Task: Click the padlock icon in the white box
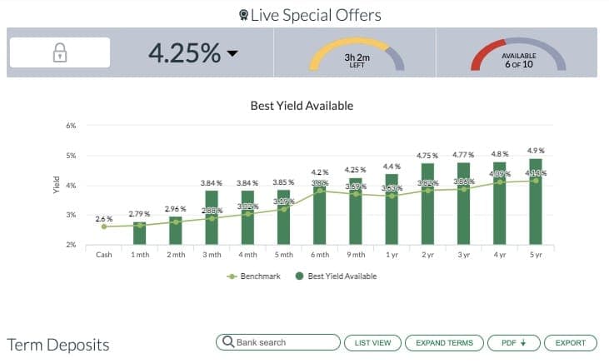pyautogui.click(x=59, y=52)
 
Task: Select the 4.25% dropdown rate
pyautogui.click(x=193, y=52)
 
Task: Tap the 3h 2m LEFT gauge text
pyautogui.click(x=357, y=61)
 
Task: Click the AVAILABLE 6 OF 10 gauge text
pyautogui.click(x=518, y=60)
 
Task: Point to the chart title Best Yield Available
pyautogui.click(x=302, y=106)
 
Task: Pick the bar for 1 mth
pyautogui.click(x=139, y=233)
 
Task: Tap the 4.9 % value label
pyautogui.click(x=536, y=151)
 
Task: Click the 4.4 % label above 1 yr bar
pyautogui.click(x=392, y=167)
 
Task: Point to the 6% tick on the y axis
pyautogui.click(x=72, y=126)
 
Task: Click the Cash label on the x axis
pyautogui.click(x=103, y=255)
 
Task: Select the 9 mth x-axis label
pyautogui.click(x=356, y=255)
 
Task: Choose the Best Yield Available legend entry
pyautogui.click(x=338, y=276)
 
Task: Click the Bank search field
pyautogui.click(x=278, y=342)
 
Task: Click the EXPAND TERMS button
pyautogui.click(x=445, y=342)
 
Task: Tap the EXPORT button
pyautogui.click(x=571, y=342)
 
